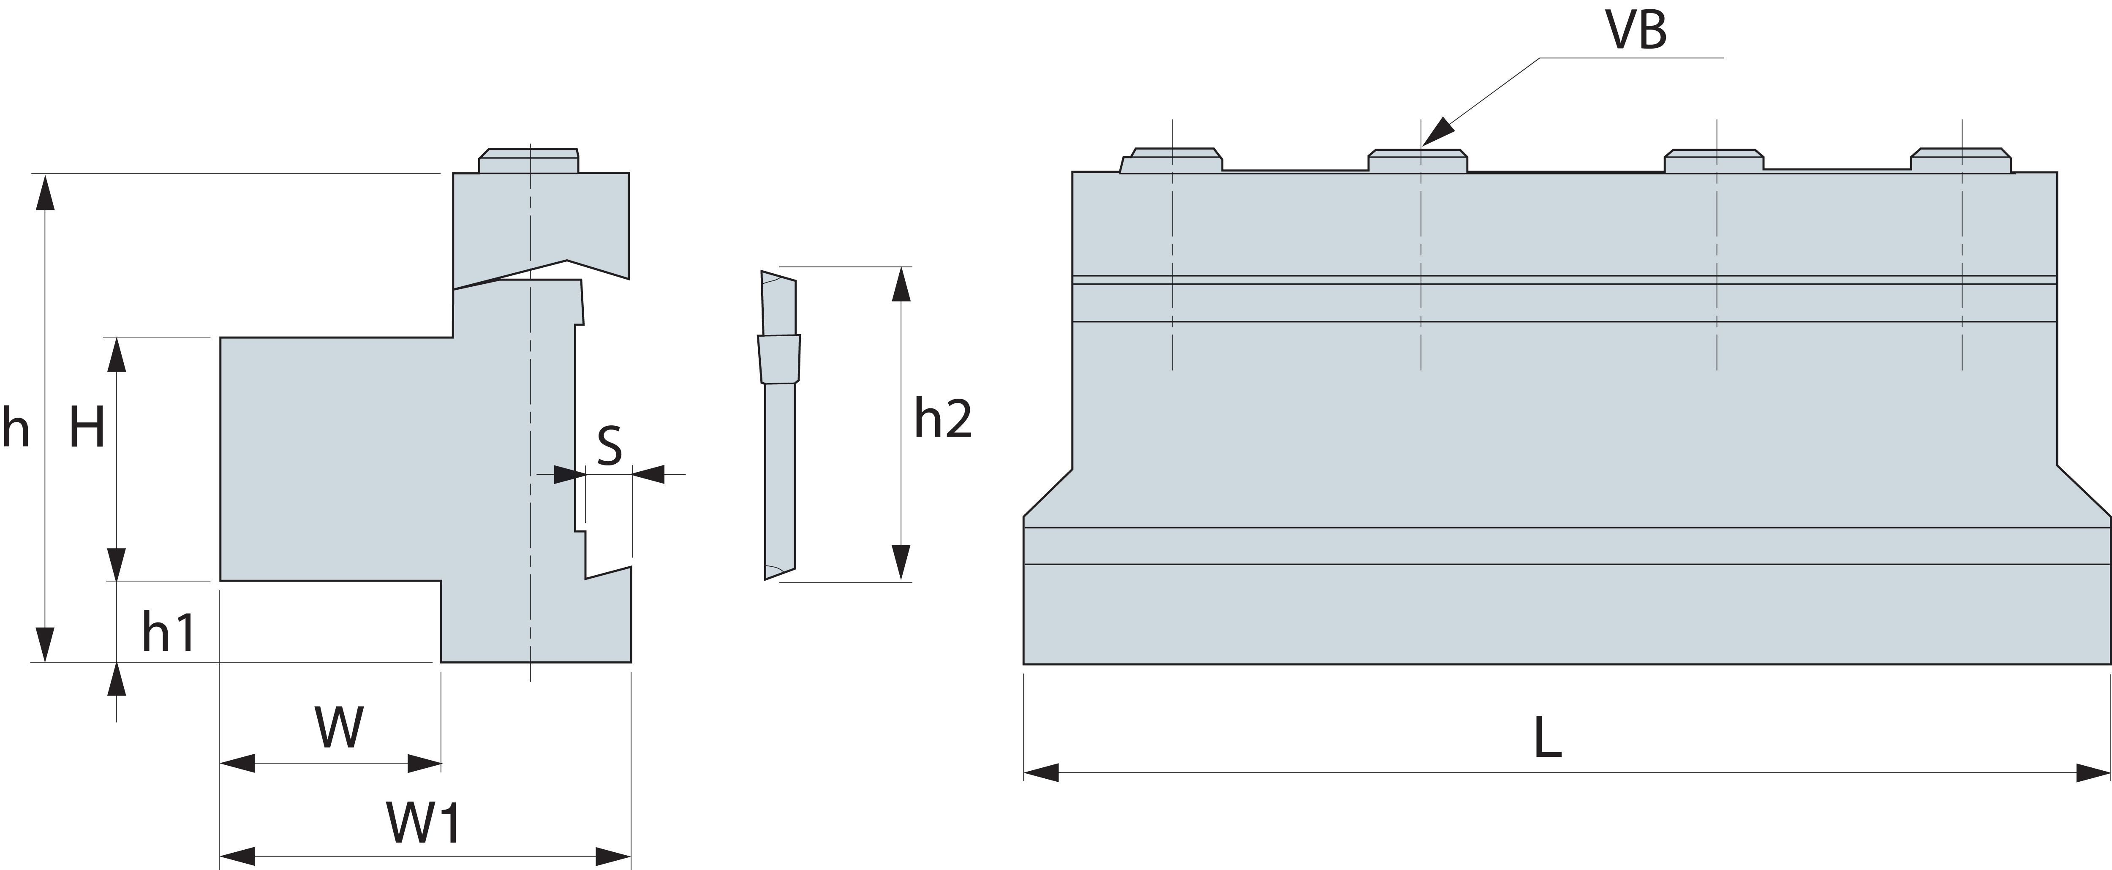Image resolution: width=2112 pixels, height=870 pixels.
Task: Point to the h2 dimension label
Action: click(x=943, y=419)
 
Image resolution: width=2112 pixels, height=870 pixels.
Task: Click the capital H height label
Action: click(x=87, y=427)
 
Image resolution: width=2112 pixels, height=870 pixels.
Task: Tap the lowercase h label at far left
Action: click(x=16, y=427)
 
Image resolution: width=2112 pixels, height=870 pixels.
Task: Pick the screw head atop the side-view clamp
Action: click(x=529, y=161)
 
